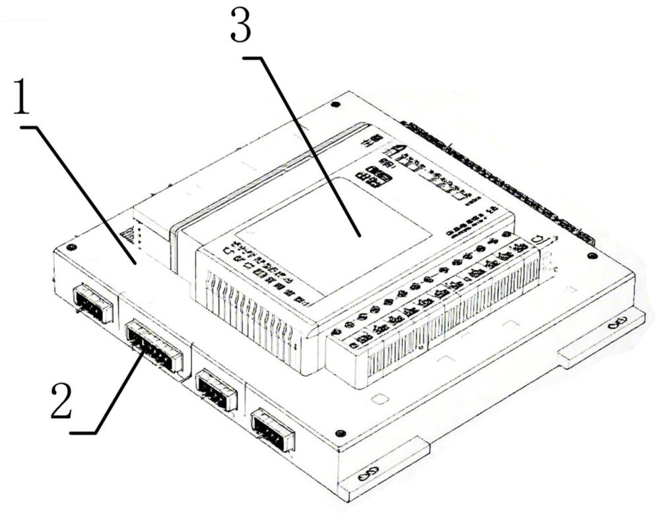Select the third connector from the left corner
[x=216, y=389]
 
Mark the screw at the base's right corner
[x=591, y=256]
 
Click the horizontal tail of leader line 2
[x=83, y=433]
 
